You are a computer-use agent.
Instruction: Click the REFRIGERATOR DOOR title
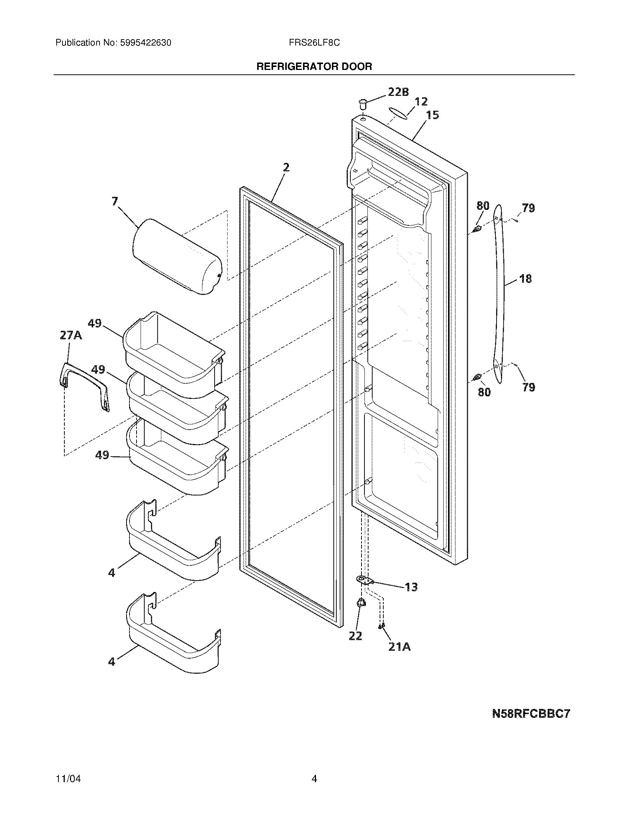tap(314, 67)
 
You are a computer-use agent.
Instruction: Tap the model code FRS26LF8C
tap(314, 43)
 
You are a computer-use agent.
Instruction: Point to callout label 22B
tap(398, 92)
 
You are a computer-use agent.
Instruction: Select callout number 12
tap(421, 101)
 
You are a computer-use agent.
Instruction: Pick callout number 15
tap(432, 115)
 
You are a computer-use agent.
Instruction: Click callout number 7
tap(115, 202)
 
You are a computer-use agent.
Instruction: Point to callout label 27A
tap(71, 336)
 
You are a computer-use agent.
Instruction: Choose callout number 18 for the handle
tap(525, 278)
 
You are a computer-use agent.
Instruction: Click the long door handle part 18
tap(499, 295)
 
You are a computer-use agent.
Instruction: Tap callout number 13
tap(411, 588)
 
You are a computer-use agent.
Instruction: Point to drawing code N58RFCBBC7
tap(531, 714)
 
